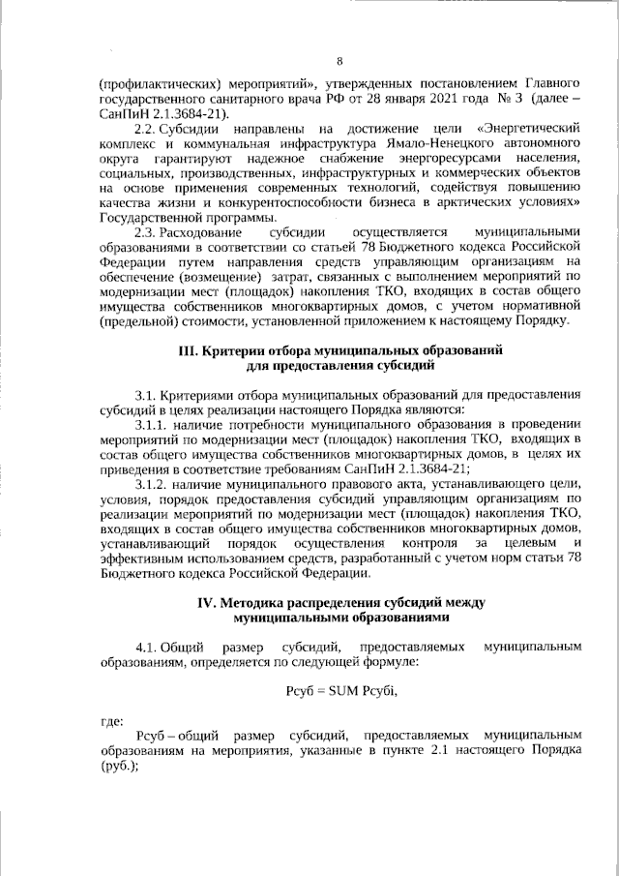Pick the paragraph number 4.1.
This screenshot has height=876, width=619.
(x=146, y=645)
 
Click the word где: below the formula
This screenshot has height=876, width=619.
(x=111, y=721)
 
